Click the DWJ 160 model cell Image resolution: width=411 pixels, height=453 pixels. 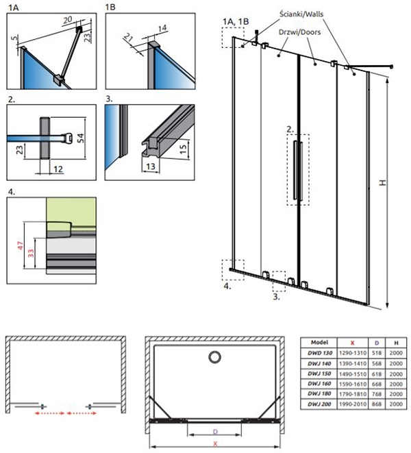pyautogui.click(x=319, y=384)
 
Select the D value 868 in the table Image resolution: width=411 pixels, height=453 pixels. pyautogui.click(x=377, y=404)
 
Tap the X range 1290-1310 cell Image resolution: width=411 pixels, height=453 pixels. pyautogui.click(x=353, y=353)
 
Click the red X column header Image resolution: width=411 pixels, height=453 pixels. pyautogui.click(x=352, y=343)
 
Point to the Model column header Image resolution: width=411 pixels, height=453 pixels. pyautogui.click(x=319, y=343)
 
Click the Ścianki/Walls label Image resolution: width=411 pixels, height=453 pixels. pyautogui.click(x=301, y=14)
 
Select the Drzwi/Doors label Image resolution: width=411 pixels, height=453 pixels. pyautogui.click(x=299, y=32)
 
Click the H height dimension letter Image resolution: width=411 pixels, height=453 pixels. pyautogui.click(x=383, y=182)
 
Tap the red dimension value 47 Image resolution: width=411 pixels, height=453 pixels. pyautogui.click(x=21, y=245)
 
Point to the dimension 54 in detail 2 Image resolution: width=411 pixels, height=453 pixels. pyautogui.click(x=81, y=138)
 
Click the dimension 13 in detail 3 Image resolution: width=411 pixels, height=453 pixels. pyautogui.click(x=151, y=167)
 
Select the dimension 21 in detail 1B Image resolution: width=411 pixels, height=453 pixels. pyautogui.click(x=128, y=37)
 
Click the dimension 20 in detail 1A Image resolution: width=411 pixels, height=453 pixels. pyautogui.click(x=68, y=20)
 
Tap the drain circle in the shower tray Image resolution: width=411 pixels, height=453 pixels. pyautogui.click(x=215, y=357)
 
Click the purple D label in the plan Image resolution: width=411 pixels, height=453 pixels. pyautogui.click(x=215, y=432)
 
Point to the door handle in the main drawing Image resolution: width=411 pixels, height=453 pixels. pyautogui.click(x=298, y=171)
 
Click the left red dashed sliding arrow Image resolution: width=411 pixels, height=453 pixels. pyautogui.click(x=50, y=413)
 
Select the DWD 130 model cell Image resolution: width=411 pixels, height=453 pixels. pyautogui.click(x=320, y=353)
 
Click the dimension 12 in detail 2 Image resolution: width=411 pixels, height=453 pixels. pyautogui.click(x=58, y=169)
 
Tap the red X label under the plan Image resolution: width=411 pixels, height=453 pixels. pyautogui.click(x=215, y=444)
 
